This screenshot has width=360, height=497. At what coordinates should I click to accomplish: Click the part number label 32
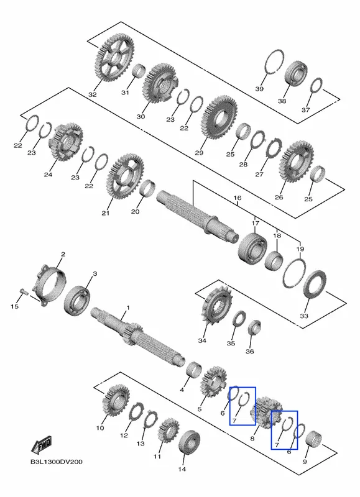92,94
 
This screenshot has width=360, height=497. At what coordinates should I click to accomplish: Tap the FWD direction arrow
42,445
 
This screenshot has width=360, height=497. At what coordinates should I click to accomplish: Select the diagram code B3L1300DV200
57,462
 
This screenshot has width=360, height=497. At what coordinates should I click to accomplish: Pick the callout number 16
238,198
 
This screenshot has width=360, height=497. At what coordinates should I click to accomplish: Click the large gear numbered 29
219,117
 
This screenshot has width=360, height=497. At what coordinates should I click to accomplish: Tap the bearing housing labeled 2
51,285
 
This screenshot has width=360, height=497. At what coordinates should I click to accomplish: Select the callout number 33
304,316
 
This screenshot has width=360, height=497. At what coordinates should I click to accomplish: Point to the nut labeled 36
254,328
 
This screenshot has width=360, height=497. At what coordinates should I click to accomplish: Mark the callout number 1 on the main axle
128,308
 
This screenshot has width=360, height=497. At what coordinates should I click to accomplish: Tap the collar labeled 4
193,369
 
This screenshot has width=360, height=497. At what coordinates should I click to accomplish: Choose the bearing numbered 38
296,73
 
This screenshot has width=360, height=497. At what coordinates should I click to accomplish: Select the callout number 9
305,462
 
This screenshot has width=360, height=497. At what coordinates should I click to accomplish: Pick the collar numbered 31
139,73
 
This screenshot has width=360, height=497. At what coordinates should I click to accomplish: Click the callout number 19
300,249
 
